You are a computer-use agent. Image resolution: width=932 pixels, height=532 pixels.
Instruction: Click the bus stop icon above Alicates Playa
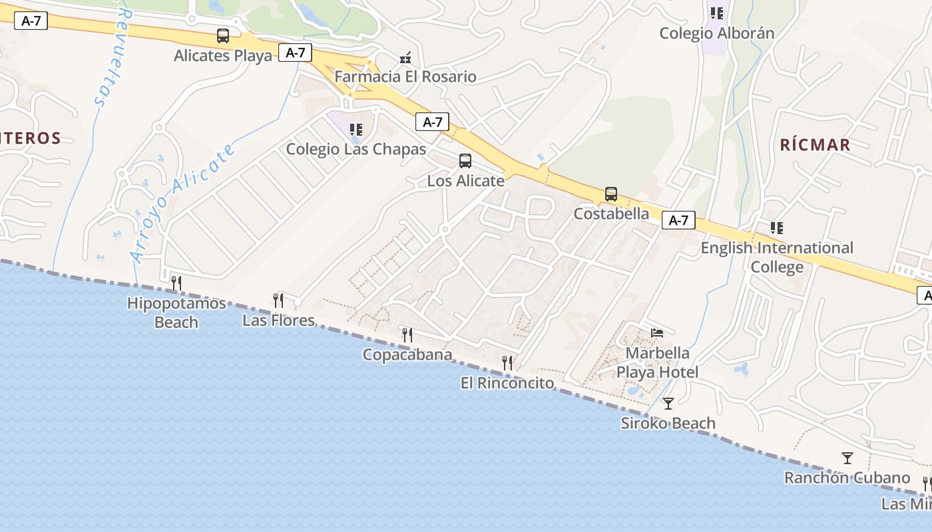click(x=223, y=36)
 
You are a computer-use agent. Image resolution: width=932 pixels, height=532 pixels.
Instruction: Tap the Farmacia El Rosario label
click(x=405, y=76)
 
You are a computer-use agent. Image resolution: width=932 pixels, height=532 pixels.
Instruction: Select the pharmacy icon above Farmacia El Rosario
click(x=405, y=58)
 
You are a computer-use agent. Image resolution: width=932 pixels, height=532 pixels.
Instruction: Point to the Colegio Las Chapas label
click(x=355, y=149)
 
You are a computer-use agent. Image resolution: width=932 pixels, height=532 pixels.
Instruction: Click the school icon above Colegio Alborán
click(x=717, y=13)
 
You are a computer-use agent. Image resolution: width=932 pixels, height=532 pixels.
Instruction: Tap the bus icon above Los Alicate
click(x=465, y=161)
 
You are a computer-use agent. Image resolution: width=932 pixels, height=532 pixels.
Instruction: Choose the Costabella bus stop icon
click(x=611, y=194)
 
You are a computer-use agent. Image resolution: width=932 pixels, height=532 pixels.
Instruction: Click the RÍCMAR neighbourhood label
click(x=815, y=145)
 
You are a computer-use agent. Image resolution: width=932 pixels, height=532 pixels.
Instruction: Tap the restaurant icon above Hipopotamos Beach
click(x=176, y=283)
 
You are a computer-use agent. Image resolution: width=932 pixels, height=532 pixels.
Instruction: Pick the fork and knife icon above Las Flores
click(x=278, y=301)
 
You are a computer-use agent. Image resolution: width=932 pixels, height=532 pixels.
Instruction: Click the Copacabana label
click(x=407, y=354)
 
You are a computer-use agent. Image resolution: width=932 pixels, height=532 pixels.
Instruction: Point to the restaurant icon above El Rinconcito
click(x=507, y=363)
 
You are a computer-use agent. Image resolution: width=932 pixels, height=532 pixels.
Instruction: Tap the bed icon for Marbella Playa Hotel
click(x=657, y=332)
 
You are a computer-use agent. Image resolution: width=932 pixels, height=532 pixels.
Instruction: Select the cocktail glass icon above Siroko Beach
click(x=668, y=403)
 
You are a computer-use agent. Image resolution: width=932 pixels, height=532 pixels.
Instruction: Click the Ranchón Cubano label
click(x=846, y=477)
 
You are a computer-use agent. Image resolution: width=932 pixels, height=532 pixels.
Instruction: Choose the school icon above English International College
click(x=776, y=228)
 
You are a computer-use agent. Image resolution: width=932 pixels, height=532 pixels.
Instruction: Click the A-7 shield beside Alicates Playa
click(x=295, y=53)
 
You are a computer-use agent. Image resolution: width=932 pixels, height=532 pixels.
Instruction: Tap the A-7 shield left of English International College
click(x=678, y=220)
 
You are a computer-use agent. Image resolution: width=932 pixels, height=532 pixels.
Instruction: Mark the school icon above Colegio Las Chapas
click(x=356, y=129)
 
